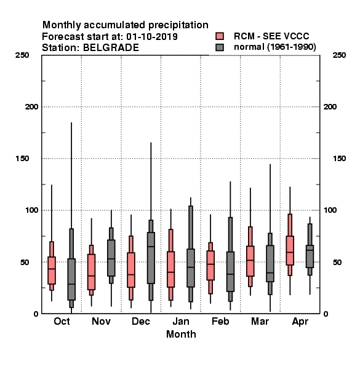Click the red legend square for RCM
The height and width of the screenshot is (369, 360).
tap(220, 36)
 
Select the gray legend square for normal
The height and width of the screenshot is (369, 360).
tap(220, 47)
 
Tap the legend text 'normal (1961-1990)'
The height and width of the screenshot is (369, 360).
tap(274, 47)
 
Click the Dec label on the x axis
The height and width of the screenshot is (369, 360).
tap(141, 321)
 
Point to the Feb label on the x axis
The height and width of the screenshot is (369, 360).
tap(220, 321)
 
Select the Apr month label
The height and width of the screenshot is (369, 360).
tap(300, 322)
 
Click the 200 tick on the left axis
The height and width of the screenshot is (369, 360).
tap(31, 107)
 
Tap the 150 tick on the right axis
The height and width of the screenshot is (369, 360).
tap(339, 159)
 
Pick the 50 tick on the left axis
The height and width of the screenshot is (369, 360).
tap(25, 262)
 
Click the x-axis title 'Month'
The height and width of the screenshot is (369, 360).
tap(181, 334)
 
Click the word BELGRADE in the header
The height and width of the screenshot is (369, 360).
tap(111, 48)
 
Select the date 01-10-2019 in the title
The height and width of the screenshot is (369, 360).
tap(152, 37)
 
